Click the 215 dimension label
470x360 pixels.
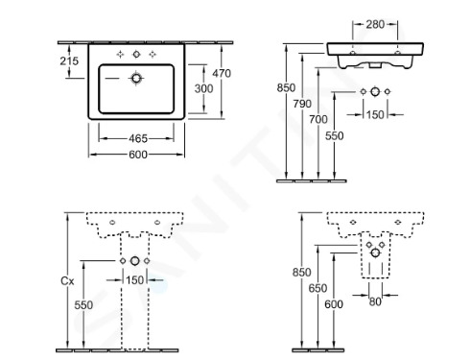[x=68, y=60]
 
